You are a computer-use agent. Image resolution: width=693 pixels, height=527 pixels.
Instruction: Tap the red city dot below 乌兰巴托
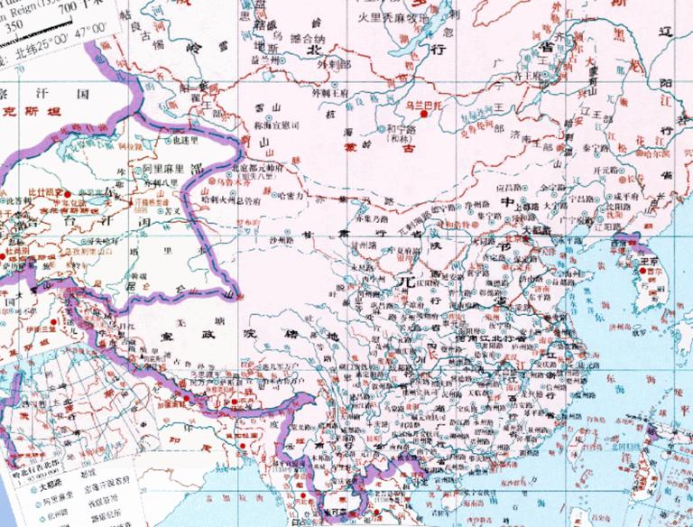pyautogui.click(x=424, y=115)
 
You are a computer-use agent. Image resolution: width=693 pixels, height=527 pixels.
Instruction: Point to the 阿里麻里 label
pyautogui.click(x=163, y=168)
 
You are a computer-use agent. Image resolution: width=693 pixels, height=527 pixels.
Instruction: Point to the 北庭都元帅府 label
pyautogui.click(x=258, y=168)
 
